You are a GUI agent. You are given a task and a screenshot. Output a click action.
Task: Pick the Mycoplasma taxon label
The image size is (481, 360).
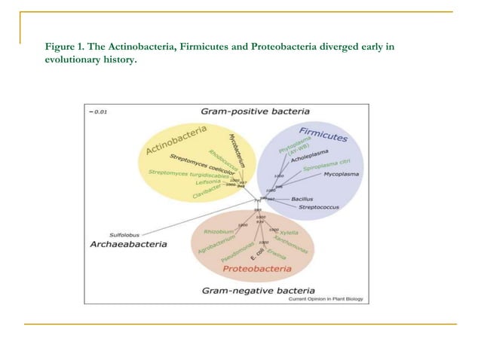tap(341, 174)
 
